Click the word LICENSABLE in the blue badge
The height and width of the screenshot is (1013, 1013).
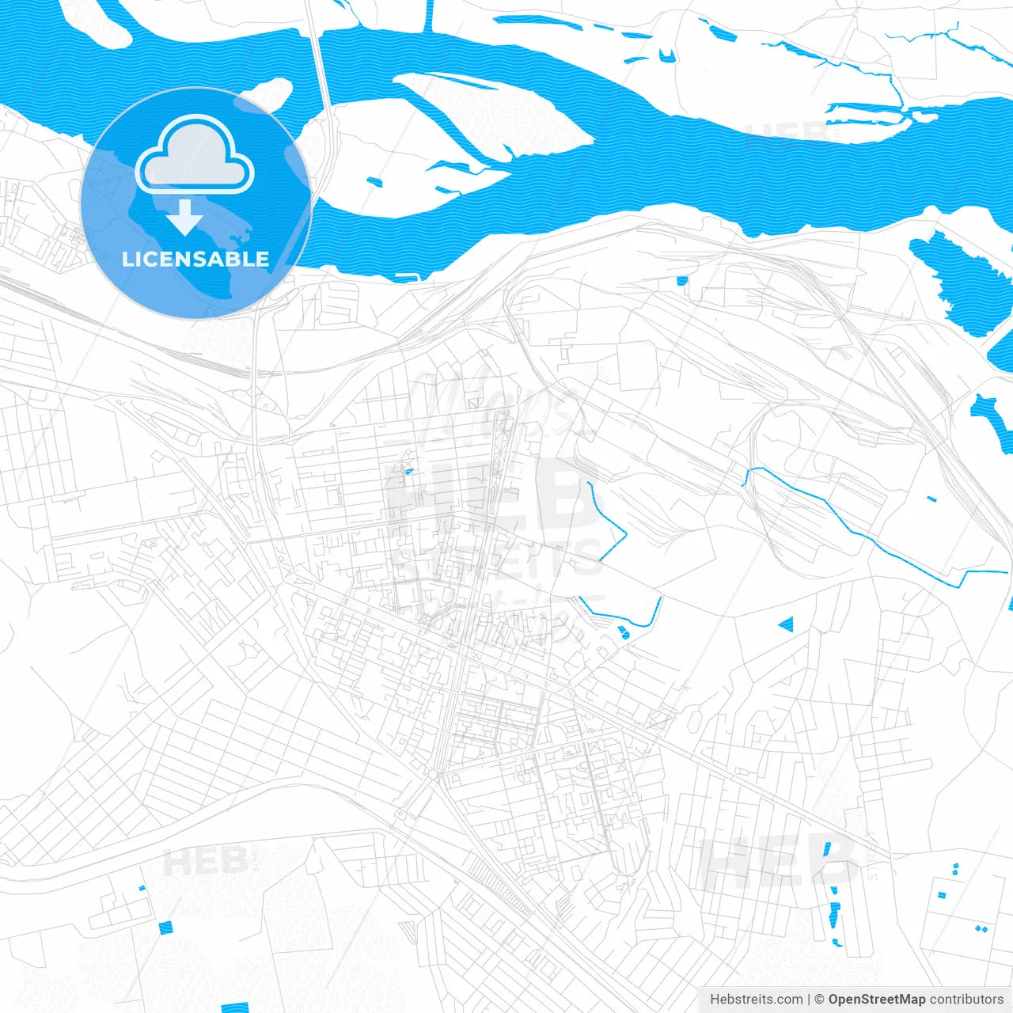pos(195,259)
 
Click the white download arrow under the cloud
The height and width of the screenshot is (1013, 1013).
pos(184,218)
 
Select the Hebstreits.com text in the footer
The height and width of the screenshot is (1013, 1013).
pos(757,1000)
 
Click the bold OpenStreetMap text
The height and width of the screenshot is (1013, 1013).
pos(876,1000)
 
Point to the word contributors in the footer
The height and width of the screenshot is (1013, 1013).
pos(966,1000)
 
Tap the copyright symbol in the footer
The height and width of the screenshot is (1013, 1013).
pos(820,1000)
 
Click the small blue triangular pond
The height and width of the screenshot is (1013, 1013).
pos(786,625)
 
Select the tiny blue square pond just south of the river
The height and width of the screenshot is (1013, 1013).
pos(682,280)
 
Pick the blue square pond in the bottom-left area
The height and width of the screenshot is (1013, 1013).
pos(165,928)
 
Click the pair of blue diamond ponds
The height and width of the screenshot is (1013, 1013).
pos(981,928)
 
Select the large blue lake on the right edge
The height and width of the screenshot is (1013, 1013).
pos(962,277)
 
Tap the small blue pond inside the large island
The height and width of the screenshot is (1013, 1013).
pos(374,182)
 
